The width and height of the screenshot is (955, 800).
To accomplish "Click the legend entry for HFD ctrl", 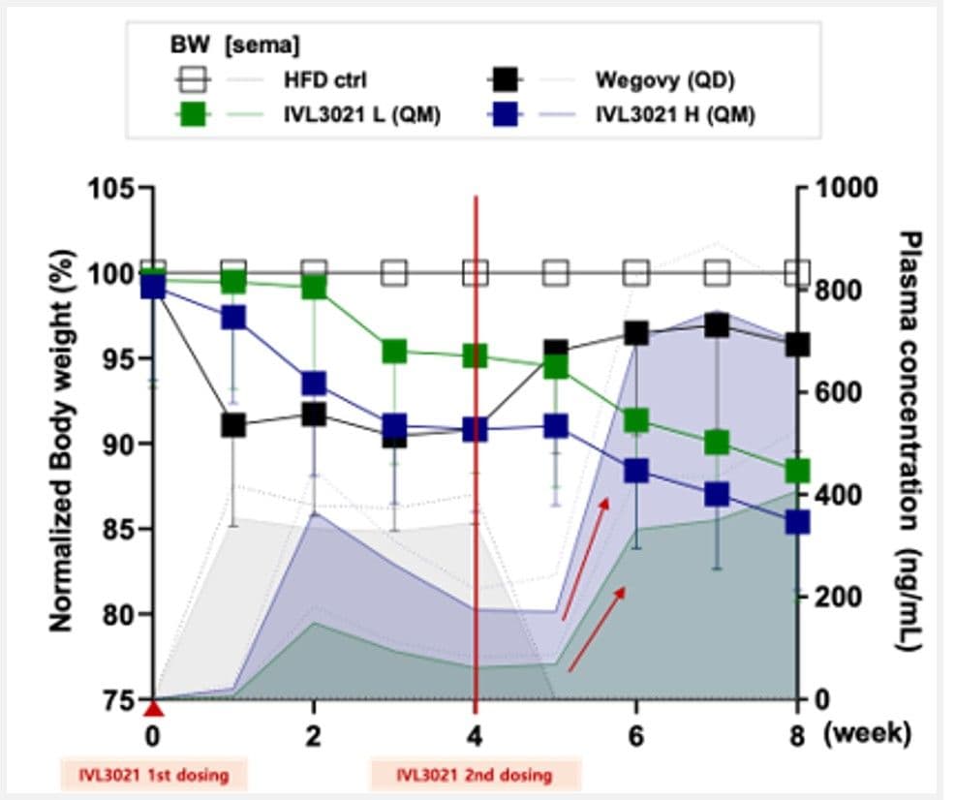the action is point(325,79).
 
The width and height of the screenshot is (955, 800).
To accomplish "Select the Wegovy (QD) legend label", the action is point(665,79).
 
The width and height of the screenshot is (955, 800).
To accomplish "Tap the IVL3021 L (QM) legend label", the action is point(362,114).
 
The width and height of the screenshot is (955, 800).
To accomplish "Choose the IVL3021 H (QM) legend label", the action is point(675,114).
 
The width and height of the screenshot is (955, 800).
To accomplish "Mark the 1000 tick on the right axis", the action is point(846,188).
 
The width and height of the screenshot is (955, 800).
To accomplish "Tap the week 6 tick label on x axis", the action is point(635,737).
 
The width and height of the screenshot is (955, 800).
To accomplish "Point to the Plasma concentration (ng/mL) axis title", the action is point(909,441).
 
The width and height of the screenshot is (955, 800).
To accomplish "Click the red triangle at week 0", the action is point(154,709).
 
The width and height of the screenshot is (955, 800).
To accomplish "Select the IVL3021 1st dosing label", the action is point(154,775).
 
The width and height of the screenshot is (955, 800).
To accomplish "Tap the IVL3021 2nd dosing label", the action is point(475,775).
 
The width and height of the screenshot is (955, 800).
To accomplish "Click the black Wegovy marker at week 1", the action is point(233,425).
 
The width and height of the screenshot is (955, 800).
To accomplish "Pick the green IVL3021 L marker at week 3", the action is point(394,352).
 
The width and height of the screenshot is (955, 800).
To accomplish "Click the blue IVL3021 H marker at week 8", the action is point(797,522).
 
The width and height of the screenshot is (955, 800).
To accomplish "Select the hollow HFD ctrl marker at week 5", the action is point(556,273).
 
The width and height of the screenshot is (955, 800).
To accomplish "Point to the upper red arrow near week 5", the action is point(585,559).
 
